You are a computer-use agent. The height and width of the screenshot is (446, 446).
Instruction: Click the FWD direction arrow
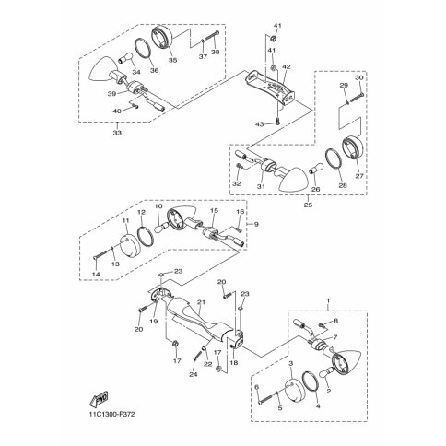coord(99,399)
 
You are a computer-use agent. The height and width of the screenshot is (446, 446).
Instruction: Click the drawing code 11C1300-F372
coord(112,415)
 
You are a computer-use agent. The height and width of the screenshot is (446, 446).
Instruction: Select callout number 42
coord(287,66)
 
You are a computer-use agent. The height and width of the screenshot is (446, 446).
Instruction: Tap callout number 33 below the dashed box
coord(117,133)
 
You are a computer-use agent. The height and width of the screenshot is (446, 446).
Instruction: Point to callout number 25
coord(308,205)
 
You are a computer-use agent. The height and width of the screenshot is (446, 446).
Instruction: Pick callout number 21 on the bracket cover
coord(201,302)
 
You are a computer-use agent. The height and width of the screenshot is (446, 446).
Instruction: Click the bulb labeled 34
coord(125,58)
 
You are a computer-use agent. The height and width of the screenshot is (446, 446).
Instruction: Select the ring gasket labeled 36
coord(143,48)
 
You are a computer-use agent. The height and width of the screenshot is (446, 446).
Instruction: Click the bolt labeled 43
coord(277,122)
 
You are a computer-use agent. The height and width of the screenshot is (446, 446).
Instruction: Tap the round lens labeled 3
coord(295,390)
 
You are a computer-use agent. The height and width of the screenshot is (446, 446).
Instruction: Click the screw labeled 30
coord(357,96)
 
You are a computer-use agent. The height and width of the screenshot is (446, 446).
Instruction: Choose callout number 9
coord(256,225)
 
